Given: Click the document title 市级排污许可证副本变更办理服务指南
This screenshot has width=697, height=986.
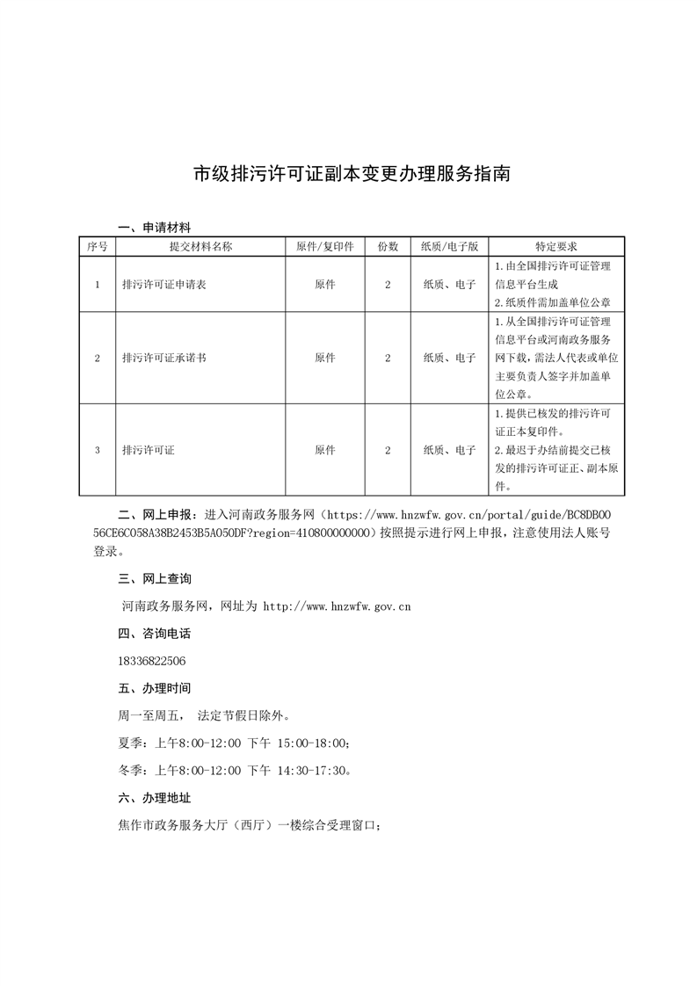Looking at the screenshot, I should coord(352,173).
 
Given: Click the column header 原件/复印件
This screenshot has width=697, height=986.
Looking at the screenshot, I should coord(325,247).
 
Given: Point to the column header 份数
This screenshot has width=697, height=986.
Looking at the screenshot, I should coord(388,247).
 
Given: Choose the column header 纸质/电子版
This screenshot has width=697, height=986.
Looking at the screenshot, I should coord(449,247).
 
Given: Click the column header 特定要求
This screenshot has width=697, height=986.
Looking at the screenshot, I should coord(555,247).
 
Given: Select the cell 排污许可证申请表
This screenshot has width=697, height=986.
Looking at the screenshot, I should coord(163,285).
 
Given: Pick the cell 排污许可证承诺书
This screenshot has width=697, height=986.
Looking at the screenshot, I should coord(163,358).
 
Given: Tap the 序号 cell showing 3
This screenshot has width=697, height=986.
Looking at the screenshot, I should coord(97,450).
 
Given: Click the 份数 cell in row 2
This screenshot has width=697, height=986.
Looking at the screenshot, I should coord(388,358).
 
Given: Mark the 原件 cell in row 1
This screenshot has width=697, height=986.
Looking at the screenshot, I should coord(325,285).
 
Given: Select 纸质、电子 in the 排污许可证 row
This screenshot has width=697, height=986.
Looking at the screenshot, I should coord(449,450).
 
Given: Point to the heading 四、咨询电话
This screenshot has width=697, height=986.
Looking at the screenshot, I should coord(154,634).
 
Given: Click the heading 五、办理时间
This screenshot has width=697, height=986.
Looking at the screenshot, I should coord(154,688).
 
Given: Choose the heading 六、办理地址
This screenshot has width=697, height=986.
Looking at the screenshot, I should coord(154,798).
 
